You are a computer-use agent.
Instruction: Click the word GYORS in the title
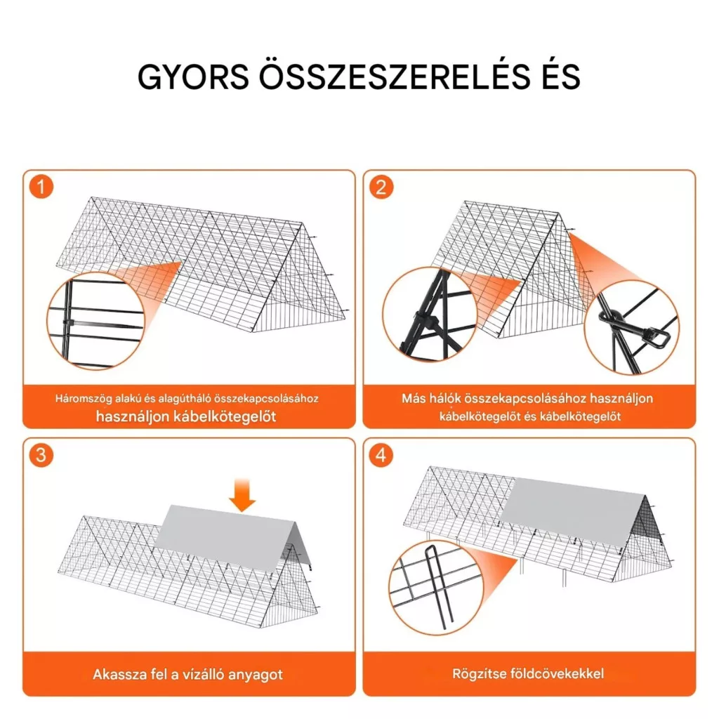pyautogui.click(x=193, y=77)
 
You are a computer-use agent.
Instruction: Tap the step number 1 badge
pyautogui.click(x=41, y=187)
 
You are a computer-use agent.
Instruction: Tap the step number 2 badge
pyautogui.click(x=381, y=187)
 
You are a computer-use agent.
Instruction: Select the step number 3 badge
pyautogui.click(x=41, y=455)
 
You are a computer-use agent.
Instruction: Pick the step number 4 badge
pyautogui.click(x=381, y=455)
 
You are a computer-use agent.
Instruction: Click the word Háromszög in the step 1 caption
pyautogui.click(x=84, y=399)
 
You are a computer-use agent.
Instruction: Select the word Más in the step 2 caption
pyautogui.click(x=414, y=398)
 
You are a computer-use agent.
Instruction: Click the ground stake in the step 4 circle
pyautogui.click(x=435, y=586)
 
